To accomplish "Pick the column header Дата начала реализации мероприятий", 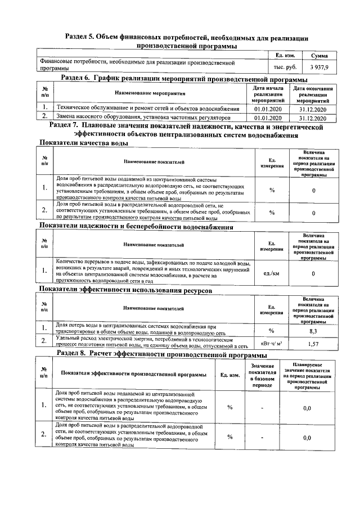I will [267, 93].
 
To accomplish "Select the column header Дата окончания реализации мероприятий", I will [313, 93].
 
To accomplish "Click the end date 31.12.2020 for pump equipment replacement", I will [313, 119].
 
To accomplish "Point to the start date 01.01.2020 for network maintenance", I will [267, 109].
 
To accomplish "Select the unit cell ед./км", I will [272, 273].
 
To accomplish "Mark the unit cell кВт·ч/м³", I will [272, 343].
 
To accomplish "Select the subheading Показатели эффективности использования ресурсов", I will [125, 290].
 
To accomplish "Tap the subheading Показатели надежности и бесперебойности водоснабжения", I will [136, 227].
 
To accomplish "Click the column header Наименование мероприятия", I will [150, 93].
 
